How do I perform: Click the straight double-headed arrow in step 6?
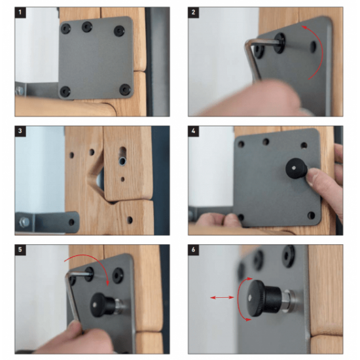(223, 297)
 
